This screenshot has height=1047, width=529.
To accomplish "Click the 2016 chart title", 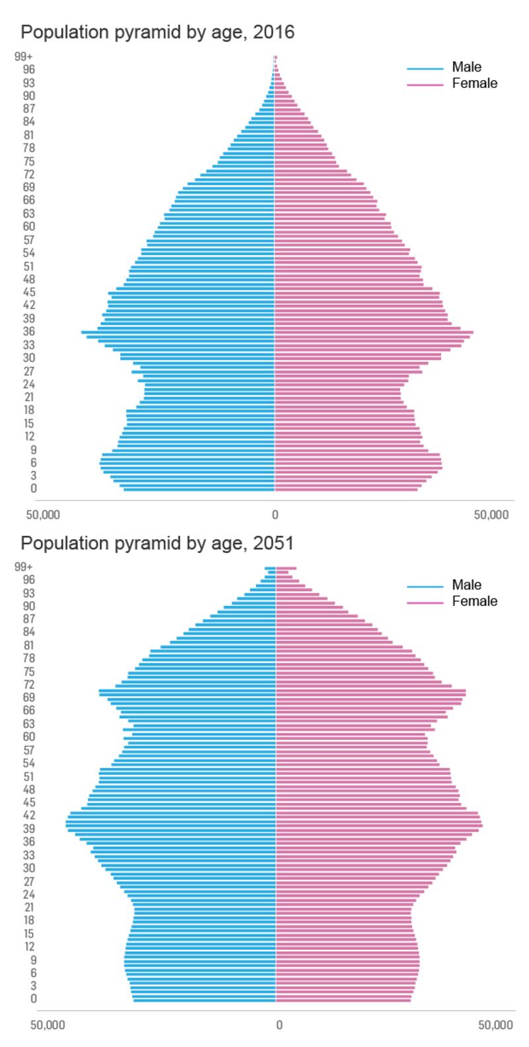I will tap(157, 32).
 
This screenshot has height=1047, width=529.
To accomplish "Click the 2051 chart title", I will tap(157, 543).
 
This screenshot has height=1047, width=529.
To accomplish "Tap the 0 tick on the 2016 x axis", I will tap(274, 514).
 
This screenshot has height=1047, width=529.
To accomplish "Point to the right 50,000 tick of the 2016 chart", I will tap(491, 514).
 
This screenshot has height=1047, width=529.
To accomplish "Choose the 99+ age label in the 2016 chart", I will tap(24, 56).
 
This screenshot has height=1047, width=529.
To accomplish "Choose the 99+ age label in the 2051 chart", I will tap(25, 567).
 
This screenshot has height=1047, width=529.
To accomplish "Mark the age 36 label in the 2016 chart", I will tap(28, 331).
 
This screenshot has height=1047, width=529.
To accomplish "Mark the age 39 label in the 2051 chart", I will tap(30, 829).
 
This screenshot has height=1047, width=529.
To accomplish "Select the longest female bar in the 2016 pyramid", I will tap(374, 332).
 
